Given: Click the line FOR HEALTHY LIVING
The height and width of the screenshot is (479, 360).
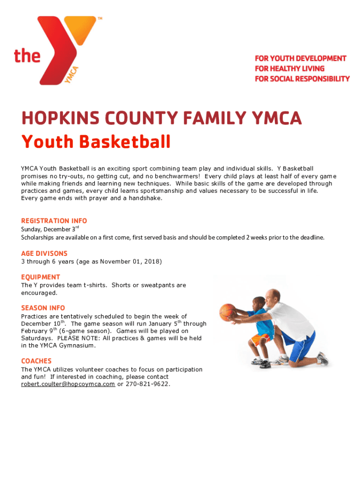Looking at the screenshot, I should pos(289,68).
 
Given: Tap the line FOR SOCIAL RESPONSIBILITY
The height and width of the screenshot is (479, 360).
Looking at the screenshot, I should pos(302,79).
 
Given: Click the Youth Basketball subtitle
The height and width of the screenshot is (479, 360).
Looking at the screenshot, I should pos(96,141).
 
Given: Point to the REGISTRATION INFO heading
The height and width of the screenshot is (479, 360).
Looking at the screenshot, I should pos(54,221).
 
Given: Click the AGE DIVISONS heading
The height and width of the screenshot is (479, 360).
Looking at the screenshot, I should pos(44,254).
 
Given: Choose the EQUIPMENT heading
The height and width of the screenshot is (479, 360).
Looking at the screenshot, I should pos(41,277).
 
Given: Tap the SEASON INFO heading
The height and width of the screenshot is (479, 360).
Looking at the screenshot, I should pos(43,308).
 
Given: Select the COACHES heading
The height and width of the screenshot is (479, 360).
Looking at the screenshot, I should pos(36,361).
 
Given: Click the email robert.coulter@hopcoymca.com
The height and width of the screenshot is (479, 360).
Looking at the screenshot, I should pos(68,384).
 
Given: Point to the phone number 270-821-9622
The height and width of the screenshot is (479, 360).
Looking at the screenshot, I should pos(147,384).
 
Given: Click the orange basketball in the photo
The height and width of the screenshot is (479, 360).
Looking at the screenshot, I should pos(228,312).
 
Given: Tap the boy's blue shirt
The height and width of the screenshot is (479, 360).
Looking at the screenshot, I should pos(260,322).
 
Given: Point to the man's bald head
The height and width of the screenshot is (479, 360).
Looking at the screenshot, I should pos(274,295).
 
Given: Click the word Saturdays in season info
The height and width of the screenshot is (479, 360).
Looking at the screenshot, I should pos(37,338).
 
